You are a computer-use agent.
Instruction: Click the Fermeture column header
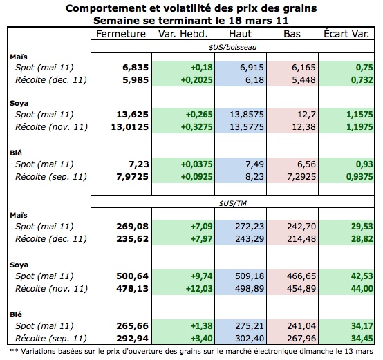[x=121, y=34]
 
